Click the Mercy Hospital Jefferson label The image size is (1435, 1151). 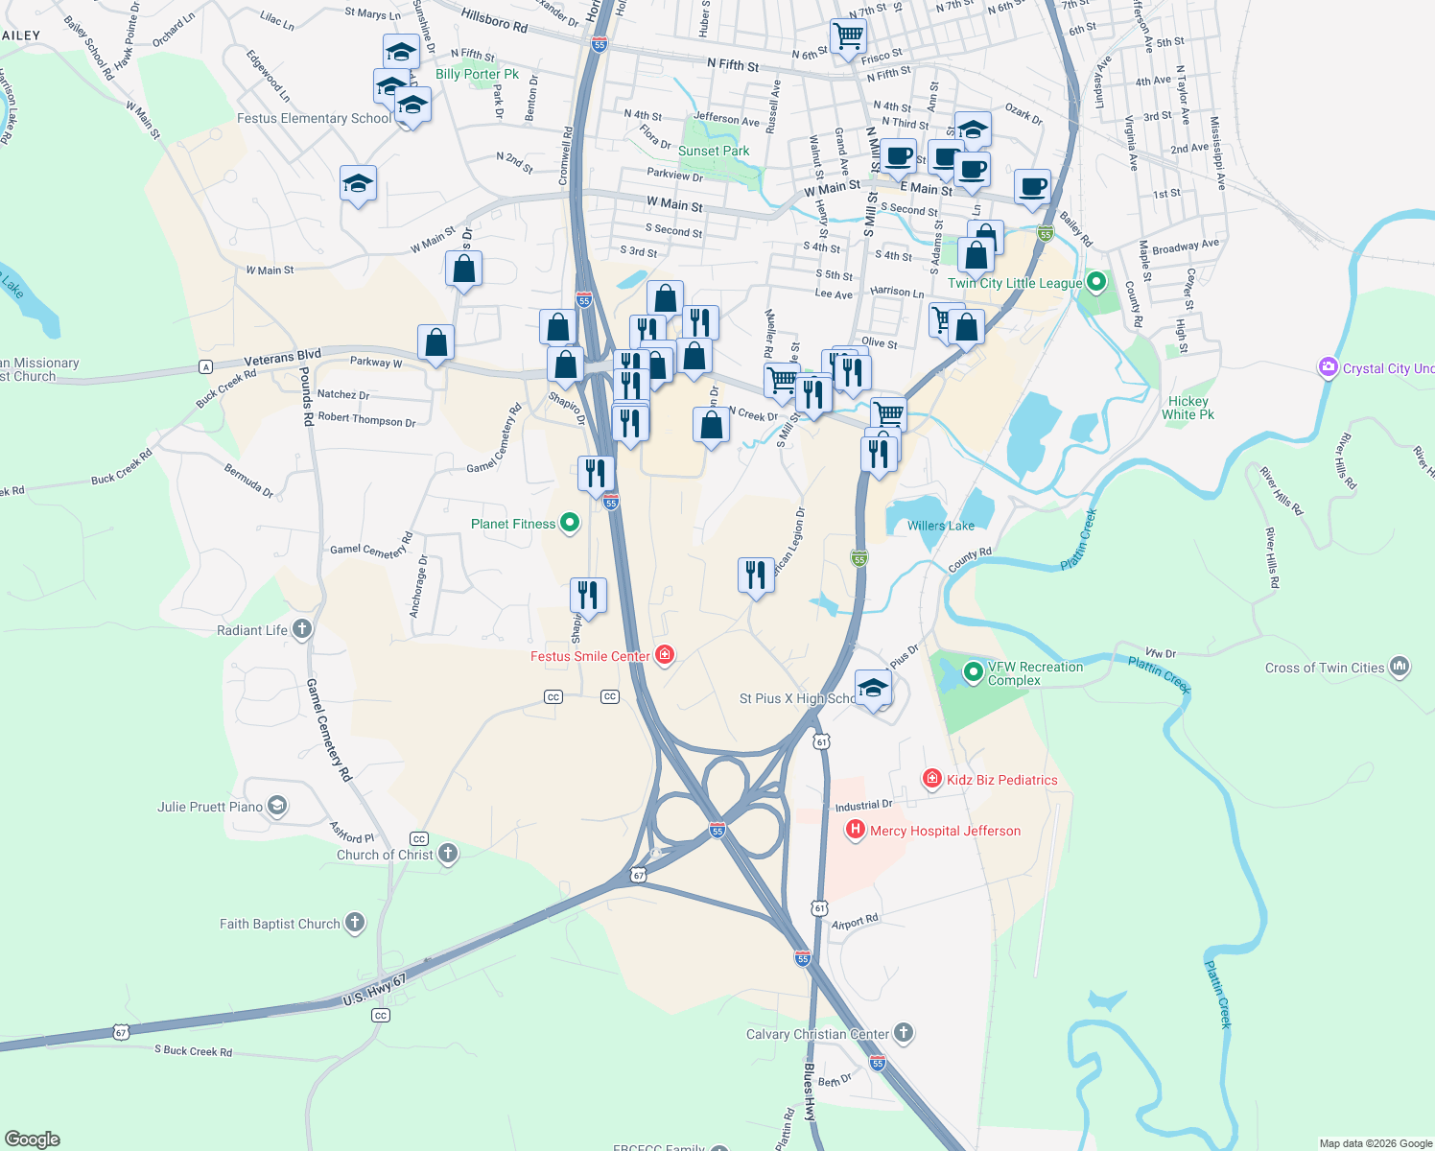pos(945,832)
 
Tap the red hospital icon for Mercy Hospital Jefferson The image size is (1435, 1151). pos(855,831)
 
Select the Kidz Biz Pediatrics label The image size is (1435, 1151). pos(1001,781)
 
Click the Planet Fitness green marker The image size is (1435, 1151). pos(570,523)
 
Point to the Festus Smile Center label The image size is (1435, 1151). pos(590,657)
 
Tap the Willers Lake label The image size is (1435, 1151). pos(940,526)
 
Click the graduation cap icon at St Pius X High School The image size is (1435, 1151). pos(873,688)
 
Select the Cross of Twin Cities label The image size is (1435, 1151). pos(1325,669)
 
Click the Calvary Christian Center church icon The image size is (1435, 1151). pos(903,1033)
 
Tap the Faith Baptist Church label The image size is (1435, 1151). pos(280,925)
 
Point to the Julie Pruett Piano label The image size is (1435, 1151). pos(210,808)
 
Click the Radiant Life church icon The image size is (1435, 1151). pos(302,629)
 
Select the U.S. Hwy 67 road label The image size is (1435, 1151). pos(375,990)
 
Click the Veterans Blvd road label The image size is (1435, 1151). pos(282,358)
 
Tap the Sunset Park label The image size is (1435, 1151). pos(714,152)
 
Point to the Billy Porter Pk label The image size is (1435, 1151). pos(477,75)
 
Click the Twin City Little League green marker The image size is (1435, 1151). pos(1097,282)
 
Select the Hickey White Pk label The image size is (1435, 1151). pos(1188,409)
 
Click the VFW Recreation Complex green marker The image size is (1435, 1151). pos(973,672)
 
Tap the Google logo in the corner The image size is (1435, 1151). pos(33,1139)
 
